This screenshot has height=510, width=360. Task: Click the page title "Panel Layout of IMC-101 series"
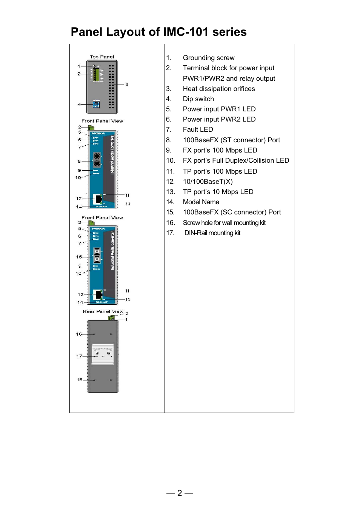(158, 32)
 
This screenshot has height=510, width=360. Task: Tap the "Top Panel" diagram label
(102, 57)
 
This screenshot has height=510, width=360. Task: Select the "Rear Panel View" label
(103, 311)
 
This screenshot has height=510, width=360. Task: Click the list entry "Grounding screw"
(208, 58)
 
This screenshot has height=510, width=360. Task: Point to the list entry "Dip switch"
(198, 99)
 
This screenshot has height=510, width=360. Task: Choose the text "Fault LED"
(198, 129)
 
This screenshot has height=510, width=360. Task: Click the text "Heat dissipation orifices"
(219, 89)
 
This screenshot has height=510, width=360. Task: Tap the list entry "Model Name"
(201, 202)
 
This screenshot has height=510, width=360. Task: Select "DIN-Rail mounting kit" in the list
(212, 233)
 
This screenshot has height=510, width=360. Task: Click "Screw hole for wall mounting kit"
(224, 223)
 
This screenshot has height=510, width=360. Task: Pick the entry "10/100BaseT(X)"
(208, 182)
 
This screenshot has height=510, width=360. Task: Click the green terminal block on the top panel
(97, 75)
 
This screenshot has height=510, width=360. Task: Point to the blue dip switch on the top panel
(96, 105)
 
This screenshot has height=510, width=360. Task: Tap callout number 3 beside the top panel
(127, 85)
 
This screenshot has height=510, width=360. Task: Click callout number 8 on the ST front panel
(79, 161)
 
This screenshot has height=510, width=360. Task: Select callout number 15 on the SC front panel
(79, 257)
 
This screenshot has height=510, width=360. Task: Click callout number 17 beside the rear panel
(79, 356)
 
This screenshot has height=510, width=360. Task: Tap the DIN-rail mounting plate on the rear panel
(103, 354)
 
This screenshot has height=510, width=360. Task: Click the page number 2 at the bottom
(180, 493)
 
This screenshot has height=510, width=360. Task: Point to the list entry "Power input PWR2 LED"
(219, 119)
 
